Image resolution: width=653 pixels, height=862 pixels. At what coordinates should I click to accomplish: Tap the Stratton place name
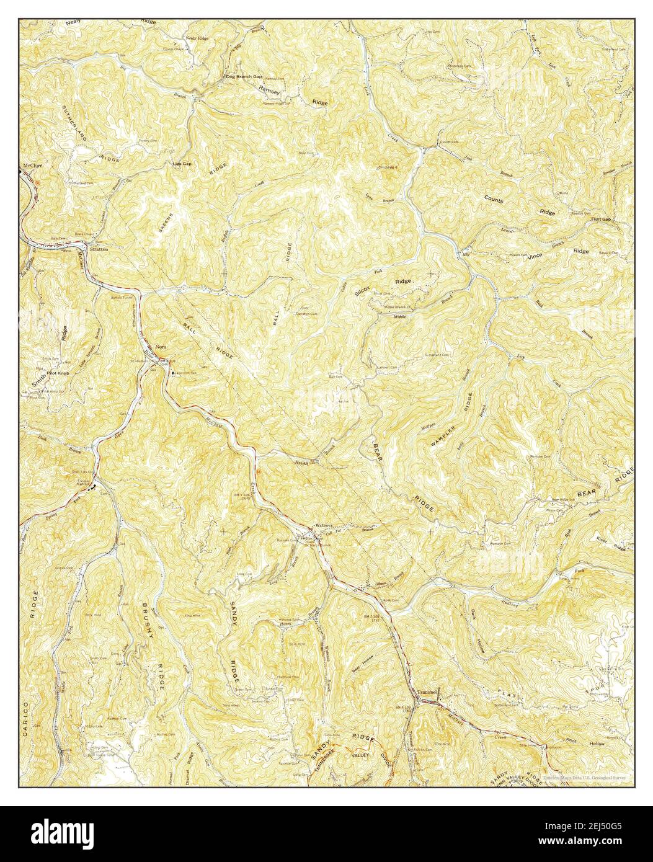pyautogui.click(x=99, y=249)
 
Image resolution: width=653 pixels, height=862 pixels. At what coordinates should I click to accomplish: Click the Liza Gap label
pyautogui.click(x=182, y=164)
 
